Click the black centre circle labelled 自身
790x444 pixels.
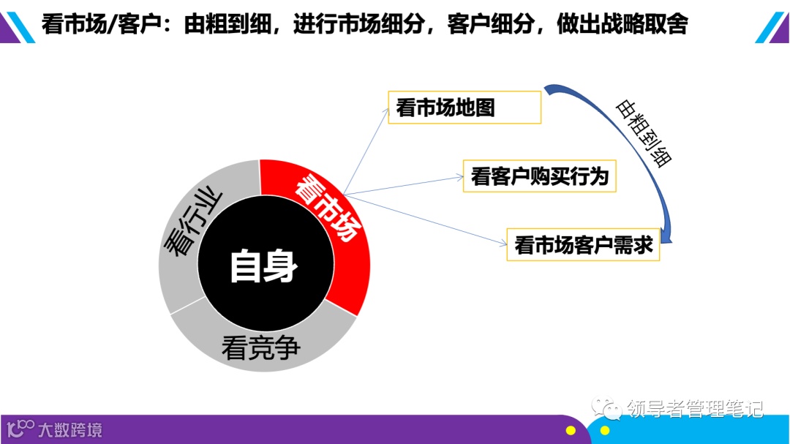tap(264, 266)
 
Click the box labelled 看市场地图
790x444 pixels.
tap(464, 108)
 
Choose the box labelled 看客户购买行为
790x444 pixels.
tap(540, 176)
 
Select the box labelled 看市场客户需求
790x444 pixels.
tap(583, 245)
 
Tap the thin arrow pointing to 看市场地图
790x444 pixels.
tap(366, 151)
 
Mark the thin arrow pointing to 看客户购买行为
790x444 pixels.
tap(402, 186)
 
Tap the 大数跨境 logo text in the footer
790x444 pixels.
tap(70, 429)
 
